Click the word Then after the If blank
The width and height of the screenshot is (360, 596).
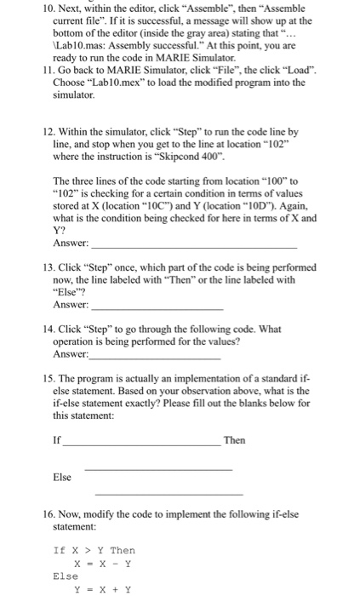[234, 440]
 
